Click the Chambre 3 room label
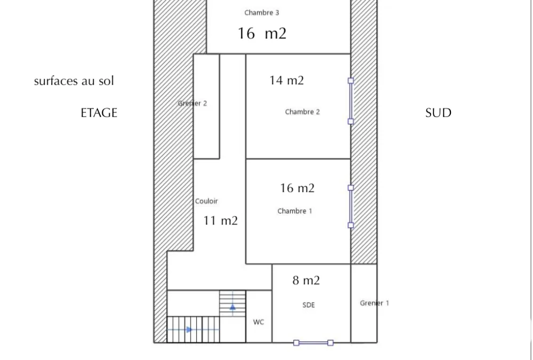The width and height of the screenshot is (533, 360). [261, 13]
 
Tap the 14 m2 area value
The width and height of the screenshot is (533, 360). [287, 81]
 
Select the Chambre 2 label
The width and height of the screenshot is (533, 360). [302, 111]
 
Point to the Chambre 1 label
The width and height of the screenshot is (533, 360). [294, 211]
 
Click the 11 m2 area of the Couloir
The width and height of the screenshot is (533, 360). [220, 220]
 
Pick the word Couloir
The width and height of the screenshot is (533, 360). [206, 201]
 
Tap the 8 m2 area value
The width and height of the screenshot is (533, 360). [306, 281]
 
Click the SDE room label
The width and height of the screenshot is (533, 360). [309, 305]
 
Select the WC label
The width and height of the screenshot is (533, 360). [259, 322]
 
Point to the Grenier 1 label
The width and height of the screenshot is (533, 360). [374, 303]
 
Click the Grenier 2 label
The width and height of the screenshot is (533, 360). [192, 103]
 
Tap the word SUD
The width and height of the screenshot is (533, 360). [438, 113]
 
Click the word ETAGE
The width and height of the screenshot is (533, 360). [99, 113]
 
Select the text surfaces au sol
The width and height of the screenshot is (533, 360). [74, 81]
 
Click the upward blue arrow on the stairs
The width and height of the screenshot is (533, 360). [232, 307]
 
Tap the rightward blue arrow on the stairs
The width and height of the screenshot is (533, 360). [190, 330]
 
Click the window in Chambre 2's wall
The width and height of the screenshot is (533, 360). [351, 101]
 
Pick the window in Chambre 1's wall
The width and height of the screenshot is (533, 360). [351, 206]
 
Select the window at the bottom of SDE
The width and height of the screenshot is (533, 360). [313, 342]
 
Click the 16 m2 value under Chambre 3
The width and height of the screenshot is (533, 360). [262, 34]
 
